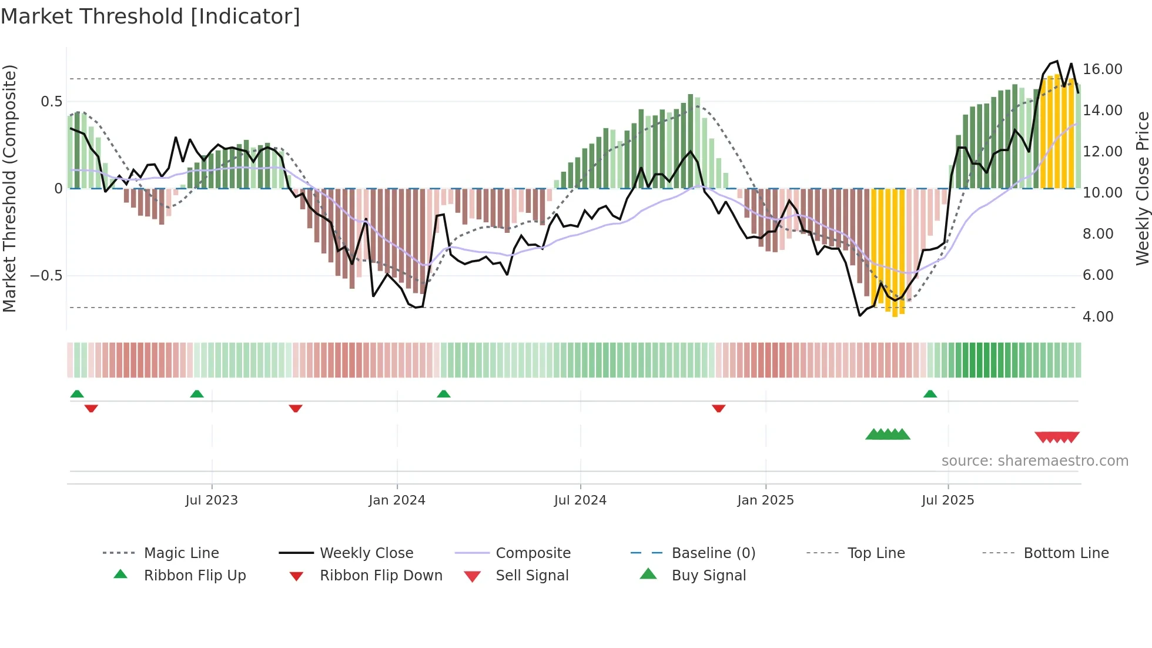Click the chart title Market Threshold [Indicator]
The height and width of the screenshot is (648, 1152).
150,16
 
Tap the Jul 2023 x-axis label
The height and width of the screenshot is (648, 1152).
212,500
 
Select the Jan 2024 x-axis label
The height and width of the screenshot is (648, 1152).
397,500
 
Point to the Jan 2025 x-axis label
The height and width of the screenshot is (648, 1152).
765,500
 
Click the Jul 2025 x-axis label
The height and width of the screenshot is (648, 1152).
947,500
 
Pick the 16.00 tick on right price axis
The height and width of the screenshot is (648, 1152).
1102,69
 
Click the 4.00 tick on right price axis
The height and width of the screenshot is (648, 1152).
1098,317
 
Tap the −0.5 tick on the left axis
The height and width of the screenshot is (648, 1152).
46,276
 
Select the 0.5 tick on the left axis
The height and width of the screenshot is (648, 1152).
51,102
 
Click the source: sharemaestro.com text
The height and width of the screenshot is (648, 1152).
1034,461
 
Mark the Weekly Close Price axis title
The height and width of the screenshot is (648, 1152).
1142,188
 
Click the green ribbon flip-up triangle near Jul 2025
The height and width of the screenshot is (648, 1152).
930,394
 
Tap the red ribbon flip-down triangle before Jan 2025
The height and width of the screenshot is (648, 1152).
718,408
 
